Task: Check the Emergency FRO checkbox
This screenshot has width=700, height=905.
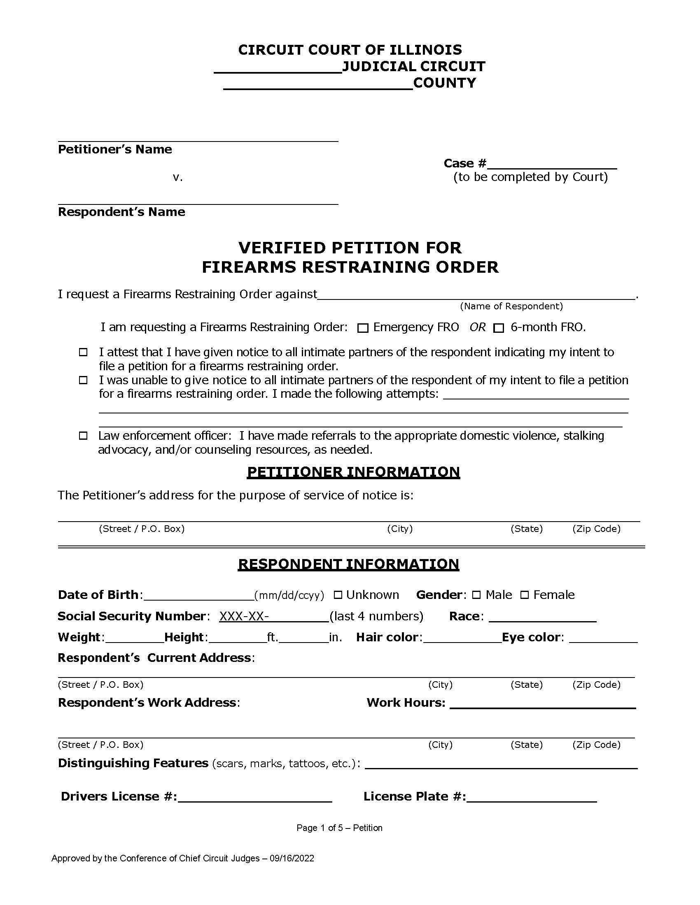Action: click(x=362, y=328)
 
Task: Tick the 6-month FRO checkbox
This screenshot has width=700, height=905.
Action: click(x=499, y=328)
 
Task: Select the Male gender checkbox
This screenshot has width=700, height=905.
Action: click(x=476, y=595)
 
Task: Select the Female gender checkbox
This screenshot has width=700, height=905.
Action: click(x=525, y=595)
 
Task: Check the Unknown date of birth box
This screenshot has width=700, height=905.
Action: click(x=338, y=595)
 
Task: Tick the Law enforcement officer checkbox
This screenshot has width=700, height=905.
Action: click(x=83, y=436)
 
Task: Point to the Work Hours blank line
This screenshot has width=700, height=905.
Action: click(x=542, y=703)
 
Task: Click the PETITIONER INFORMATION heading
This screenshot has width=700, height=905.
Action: click(x=353, y=472)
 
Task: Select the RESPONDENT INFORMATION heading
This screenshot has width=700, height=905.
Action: click(x=348, y=564)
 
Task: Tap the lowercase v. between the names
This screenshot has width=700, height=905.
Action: click(x=177, y=178)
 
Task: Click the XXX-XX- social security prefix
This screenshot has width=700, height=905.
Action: click(x=244, y=617)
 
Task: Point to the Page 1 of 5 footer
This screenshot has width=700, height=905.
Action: click(x=339, y=828)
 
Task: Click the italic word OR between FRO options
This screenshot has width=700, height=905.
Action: click(x=477, y=327)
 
